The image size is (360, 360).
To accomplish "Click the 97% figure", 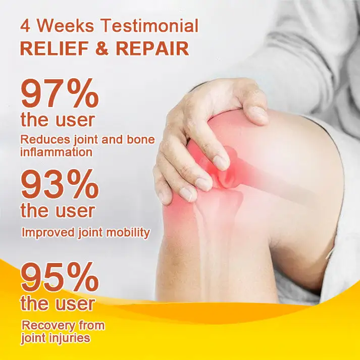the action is coord(60,93).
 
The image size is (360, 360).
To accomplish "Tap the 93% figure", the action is coord(60,184).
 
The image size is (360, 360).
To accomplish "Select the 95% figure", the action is coord(60,277).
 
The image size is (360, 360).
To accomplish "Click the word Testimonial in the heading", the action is coord(150,26).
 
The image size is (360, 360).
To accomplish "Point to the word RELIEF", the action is coord(55,48).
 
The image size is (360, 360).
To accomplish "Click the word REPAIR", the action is coord(152,48).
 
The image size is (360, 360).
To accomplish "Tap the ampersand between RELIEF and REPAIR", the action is coord(102,48).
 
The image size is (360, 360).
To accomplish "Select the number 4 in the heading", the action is coord(25,26).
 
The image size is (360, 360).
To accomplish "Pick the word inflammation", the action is coord(57,152).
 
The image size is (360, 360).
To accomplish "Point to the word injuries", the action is coord(71,338).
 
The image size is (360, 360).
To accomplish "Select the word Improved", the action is coord(48,233).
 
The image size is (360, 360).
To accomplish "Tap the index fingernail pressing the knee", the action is coord(221,163).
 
